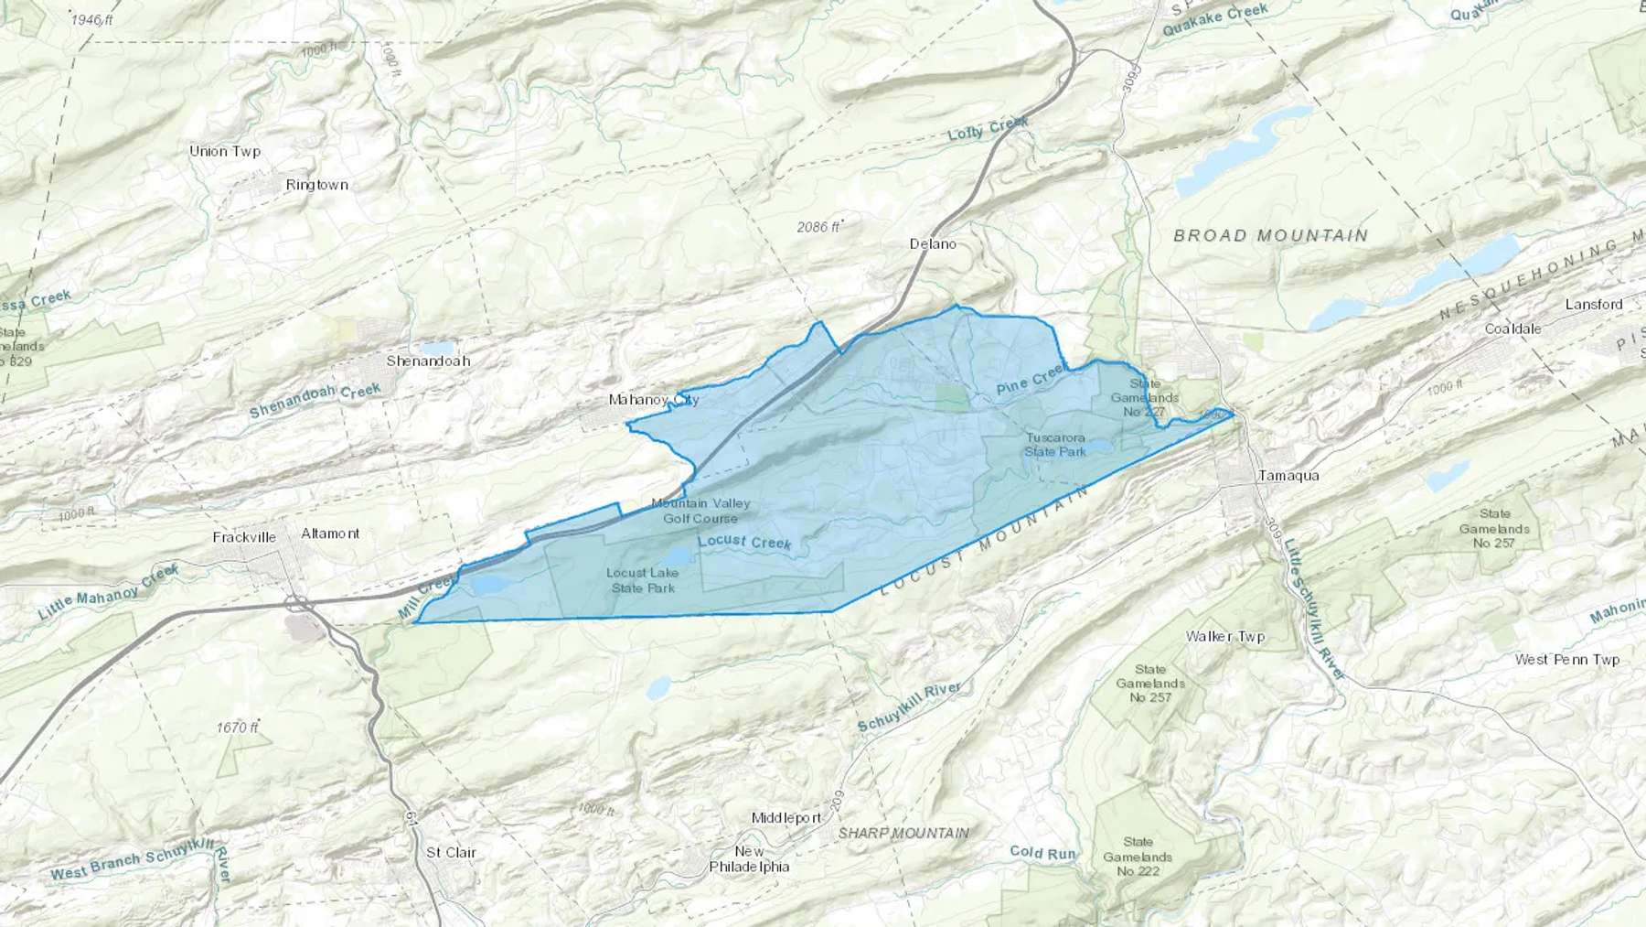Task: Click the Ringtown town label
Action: (316, 185)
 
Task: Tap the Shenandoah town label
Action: (428, 361)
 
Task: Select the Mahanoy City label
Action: (653, 400)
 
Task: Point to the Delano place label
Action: (933, 243)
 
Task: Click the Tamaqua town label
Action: (1288, 475)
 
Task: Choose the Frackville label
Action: (244, 537)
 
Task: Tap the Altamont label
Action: (330, 534)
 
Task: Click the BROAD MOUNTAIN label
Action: (1270, 235)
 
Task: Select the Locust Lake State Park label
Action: (642, 580)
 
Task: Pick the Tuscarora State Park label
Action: (1055, 445)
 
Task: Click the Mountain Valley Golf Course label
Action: (700, 511)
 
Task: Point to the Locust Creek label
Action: (744, 542)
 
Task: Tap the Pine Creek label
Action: (1031, 380)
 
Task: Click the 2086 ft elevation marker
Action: (818, 226)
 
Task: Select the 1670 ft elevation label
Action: (237, 728)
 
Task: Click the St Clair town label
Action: (451, 852)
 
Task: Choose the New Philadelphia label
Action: (749, 859)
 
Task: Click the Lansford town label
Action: (1593, 304)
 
